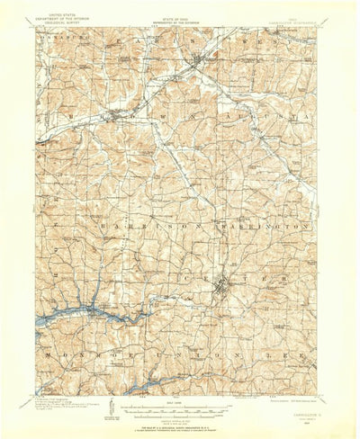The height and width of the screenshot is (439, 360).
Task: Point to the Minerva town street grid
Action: [x=200, y=63]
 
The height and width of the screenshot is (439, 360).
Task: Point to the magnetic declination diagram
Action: [x=110, y=408]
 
